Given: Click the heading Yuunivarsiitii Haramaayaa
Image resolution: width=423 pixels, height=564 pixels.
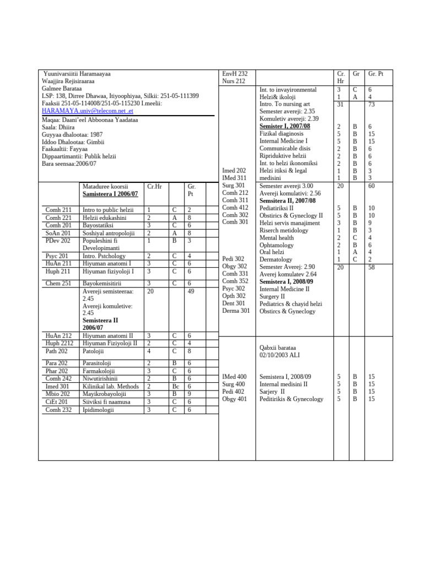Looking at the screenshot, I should coord(77,73).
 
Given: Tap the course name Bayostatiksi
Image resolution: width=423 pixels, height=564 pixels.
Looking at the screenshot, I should coord(101,225).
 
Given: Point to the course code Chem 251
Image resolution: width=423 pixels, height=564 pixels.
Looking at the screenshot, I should coord(57,283).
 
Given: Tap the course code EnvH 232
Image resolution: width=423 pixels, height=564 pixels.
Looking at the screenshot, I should coord(235,73).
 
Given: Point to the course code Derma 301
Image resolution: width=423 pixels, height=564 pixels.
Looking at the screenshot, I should coord(236,311).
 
